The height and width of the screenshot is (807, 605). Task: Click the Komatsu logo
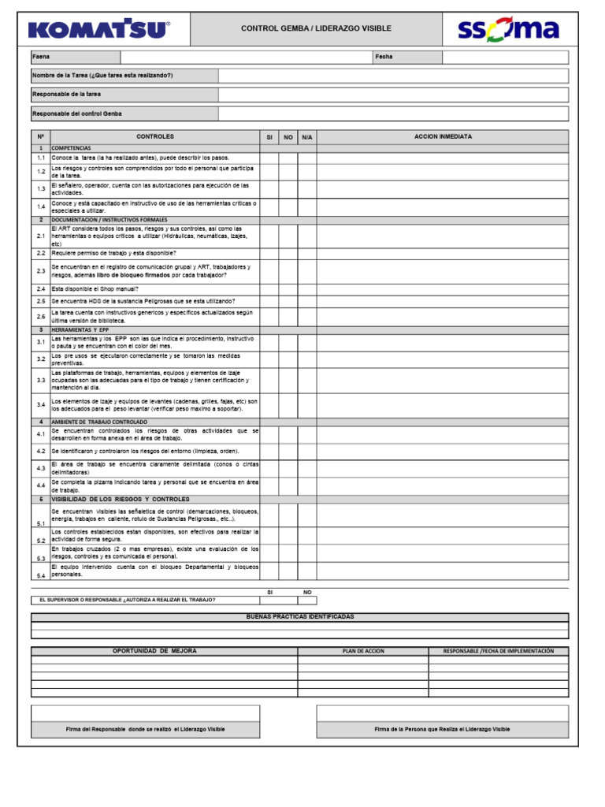coord(99,29)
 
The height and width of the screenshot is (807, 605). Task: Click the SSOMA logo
coord(508,30)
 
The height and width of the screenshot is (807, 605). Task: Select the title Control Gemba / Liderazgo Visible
coord(316,29)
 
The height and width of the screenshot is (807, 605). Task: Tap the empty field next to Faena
coord(246,58)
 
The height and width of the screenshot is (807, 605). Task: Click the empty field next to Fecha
coord(504,58)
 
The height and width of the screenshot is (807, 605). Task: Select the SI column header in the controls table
coord(269,137)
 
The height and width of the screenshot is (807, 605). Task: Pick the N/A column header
coord(307,137)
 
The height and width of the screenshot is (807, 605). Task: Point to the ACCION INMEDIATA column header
coord(443,137)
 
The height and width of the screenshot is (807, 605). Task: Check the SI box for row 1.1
coord(269,158)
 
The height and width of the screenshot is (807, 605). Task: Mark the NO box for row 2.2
coord(288,253)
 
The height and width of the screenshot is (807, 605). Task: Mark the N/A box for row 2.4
coord(307,289)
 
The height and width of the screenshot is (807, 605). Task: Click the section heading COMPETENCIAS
coord(72,148)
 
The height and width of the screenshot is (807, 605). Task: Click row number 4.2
coord(40,452)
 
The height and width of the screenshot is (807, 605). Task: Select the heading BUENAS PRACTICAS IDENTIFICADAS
coord(300,616)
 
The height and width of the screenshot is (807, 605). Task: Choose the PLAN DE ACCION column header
coord(363,651)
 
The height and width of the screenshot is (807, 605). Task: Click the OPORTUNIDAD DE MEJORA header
coord(155,651)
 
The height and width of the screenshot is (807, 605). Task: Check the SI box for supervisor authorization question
coord(269,600)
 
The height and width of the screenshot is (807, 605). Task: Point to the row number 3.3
coord(40,381)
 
